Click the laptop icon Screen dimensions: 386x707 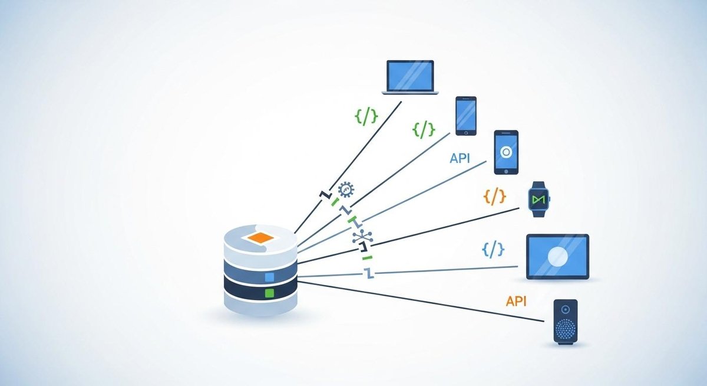pyautogui.click(x=410, y=76)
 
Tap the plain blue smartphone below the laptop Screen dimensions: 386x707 pyautogui.click(x=465, y=116)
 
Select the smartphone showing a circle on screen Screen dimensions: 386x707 pyautogui.click(x=506, y=152)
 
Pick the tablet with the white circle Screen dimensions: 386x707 pyautogui.click(x=557, y=256)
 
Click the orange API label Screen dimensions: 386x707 pyautogui.click(x=516, y=301)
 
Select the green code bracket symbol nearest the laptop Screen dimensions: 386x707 pyautogui.click(x=366, y=116)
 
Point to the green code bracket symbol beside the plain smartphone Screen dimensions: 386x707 pyautogui.click(x=424, y=129)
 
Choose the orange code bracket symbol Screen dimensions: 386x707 pyautogui.click(x=494, y=197)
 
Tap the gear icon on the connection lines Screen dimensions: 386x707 pyautogui.click(x=346, y=191)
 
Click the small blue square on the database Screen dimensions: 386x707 pyautogui.click(x=270, y=276)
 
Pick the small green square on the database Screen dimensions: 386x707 pyautogui.click(x=270, y=293)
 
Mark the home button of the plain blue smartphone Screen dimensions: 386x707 pyautogui.click(x=465, y=131)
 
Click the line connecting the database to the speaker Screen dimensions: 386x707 pyautogui.click(x=424, y=302)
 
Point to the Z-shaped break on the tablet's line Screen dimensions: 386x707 pyautogui.click(x=369, y=273)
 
